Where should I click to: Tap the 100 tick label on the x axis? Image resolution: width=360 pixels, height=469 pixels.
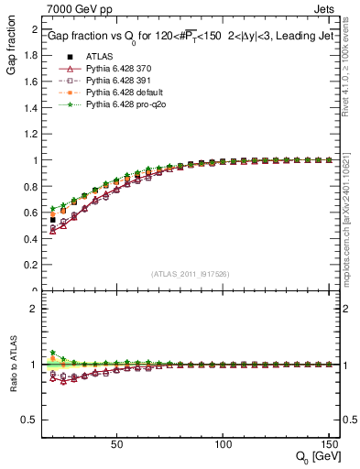coord(222,443)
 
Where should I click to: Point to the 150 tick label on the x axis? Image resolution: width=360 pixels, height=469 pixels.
coord(327,443)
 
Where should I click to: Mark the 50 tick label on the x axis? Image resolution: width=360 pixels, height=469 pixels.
coord(116,443)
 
